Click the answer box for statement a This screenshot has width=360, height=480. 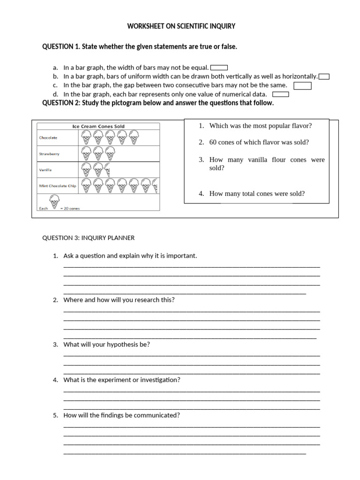[219, 67]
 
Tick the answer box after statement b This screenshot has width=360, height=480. [324, 76]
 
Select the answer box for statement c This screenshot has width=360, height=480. [302, 85]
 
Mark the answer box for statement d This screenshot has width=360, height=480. [280, 94]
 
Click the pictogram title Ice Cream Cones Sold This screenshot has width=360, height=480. [98, 126]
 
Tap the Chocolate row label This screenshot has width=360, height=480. [48, 138]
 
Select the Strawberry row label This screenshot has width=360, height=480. [49, 154]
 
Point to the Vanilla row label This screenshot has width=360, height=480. [45, 170]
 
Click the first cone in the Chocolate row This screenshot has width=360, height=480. [86, 137]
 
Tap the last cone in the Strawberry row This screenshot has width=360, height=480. [110, 153]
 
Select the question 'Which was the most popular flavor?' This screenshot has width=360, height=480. [260, 126]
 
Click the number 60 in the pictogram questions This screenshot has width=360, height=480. [213, 142]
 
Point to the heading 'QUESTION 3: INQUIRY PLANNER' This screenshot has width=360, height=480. [89, 238]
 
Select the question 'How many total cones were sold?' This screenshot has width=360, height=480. [257, 194]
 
